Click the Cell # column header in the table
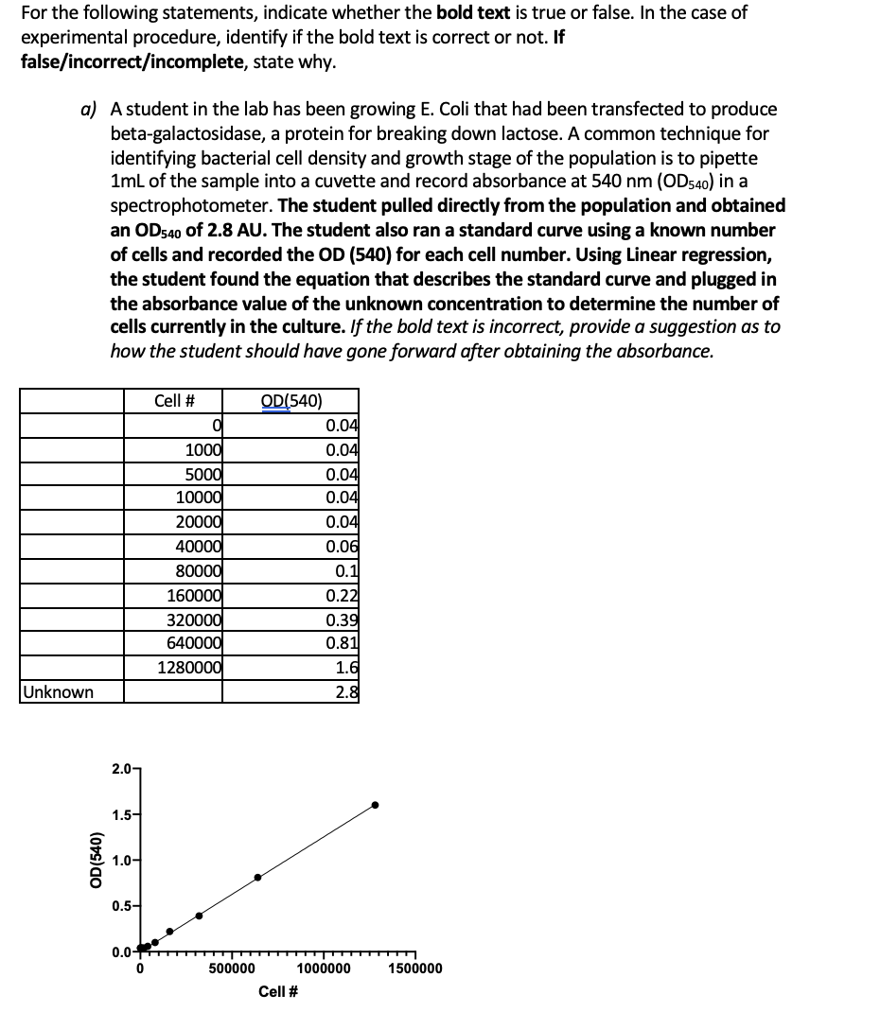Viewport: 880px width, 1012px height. (174, 400)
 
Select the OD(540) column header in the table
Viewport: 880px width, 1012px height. (290, 400)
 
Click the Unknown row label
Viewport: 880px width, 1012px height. (59, 692)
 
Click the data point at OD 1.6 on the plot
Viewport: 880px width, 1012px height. (375, 805)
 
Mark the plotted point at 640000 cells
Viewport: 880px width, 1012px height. (257, 878)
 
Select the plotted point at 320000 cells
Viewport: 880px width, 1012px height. (199, 916)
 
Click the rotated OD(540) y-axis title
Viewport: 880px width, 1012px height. (96, 860)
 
